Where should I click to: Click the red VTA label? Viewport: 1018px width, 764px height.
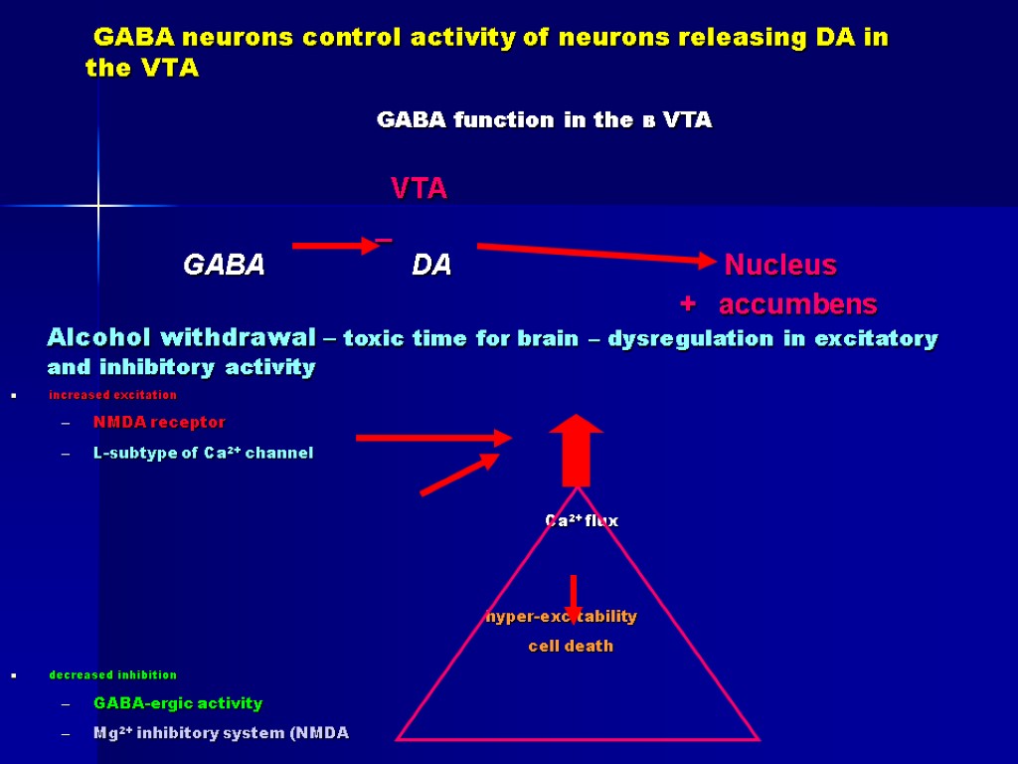coord(419,189)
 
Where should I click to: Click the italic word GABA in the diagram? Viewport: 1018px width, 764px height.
coord(224,266)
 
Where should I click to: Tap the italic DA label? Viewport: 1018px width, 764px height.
coord(431,266)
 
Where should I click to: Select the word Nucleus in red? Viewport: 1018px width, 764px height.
coord(780,266)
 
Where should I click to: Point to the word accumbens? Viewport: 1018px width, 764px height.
coord(797,303)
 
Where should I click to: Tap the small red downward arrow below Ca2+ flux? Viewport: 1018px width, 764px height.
coord(574,597)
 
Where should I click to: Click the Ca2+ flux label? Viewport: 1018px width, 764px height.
coord(582,520)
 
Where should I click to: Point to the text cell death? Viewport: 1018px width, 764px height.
coord(571,647)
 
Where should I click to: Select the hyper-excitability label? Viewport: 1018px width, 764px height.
coord(561,617)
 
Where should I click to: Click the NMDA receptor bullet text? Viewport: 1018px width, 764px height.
coord(159,423)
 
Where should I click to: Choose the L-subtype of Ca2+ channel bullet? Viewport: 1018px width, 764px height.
coord(203,454)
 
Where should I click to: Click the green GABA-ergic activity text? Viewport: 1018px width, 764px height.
coord(178,703)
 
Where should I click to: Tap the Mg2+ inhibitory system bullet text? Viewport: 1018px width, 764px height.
coord(221,733)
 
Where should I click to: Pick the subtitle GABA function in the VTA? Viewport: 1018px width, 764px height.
coord(544,120)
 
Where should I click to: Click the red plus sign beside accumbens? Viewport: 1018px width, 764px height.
coord(686,302)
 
